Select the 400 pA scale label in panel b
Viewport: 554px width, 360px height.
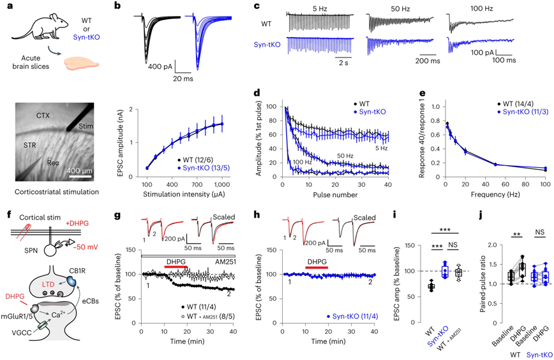pos(160,66)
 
